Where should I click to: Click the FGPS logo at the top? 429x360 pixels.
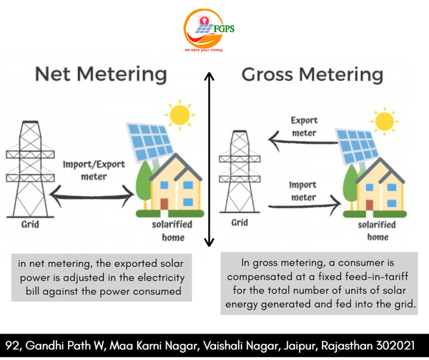(209, 30)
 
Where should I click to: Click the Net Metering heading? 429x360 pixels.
(101, 74)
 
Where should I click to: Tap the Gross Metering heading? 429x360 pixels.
(312, 74)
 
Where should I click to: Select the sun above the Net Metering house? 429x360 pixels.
(179, 115)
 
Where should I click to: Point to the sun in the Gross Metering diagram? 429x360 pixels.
(385, 121)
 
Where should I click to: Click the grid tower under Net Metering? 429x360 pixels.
(30, 169)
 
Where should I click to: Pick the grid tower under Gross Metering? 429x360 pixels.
(240, 172)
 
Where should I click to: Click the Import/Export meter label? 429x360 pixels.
(94, 170)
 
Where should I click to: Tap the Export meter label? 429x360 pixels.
(305, 127)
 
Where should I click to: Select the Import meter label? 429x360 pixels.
(303, 191)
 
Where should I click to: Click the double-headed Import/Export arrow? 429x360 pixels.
(92, 196)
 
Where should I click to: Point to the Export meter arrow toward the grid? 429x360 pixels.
(303, 141)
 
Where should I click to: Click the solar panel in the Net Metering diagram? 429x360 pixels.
(150, 142)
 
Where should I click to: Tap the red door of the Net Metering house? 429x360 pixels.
(164, 204)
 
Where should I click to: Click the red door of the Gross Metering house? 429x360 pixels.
(370, 205)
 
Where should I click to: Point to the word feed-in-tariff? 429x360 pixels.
(377, 276)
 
